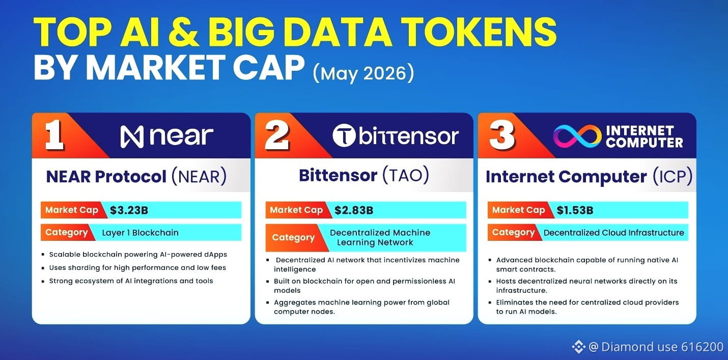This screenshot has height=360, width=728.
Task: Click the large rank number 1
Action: click(x=54, y=135)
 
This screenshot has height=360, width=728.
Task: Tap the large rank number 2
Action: click(x=277, y=135)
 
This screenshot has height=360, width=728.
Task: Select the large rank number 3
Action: click(x=502, y=135)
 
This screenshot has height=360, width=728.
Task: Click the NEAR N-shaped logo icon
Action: click(x=132, y=137)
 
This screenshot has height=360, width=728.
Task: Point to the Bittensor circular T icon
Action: click(x=344, y=135)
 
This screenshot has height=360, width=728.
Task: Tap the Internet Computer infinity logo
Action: click(x=577, y=136)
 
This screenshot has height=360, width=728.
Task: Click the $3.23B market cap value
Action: click(x=129, y=210)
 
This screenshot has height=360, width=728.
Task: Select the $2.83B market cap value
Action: click(x=354, y=210)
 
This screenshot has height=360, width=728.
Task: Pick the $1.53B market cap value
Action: click(x=575, y=210)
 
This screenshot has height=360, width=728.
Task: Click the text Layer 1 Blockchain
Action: click(x=140, y=233)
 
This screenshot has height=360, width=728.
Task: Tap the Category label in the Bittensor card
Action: click(x=293, y=238)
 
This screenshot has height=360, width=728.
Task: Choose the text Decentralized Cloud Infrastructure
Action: click(x=613, y=233)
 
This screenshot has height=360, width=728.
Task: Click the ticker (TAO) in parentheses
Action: click(x=406, y=176)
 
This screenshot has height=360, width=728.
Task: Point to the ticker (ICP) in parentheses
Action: click(x=673, y=177)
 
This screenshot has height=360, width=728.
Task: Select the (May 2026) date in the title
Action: click(x=363, y=73)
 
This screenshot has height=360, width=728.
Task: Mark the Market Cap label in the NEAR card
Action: click(x=71, y=210)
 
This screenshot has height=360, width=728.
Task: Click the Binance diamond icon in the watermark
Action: click(x=578, y=347)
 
